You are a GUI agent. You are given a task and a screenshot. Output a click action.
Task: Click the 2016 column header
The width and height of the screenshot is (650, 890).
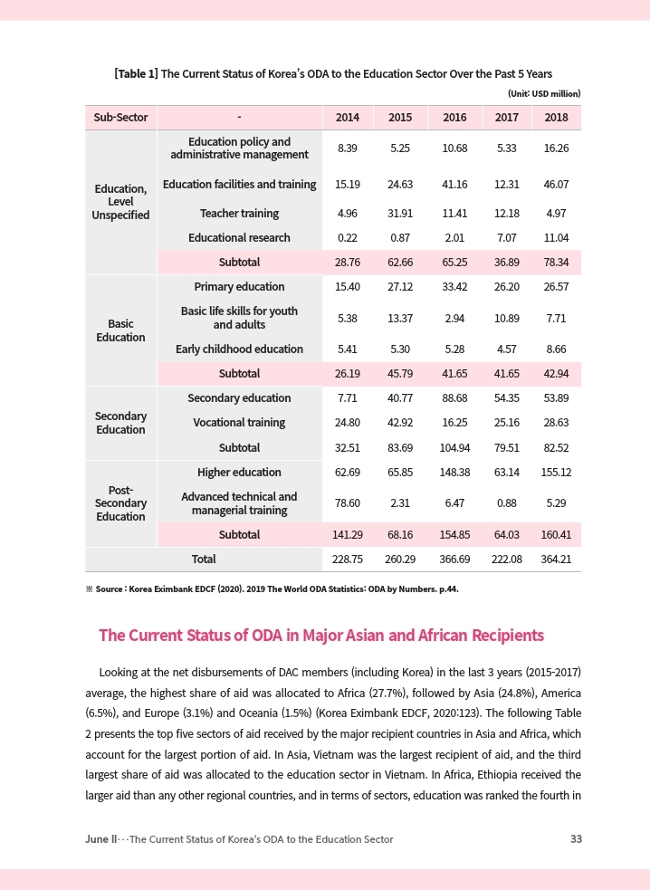[x=454, y=118]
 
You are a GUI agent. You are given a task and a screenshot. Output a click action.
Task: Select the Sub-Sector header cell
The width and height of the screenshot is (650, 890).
[x=120, y=118]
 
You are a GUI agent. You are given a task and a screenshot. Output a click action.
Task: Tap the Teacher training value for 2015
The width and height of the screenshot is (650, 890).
[x=400, y=214]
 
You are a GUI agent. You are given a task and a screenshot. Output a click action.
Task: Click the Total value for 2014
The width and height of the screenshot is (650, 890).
[x=347, y=560]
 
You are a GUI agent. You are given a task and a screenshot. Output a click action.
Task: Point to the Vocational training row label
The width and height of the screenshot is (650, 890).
[x=239, y=423]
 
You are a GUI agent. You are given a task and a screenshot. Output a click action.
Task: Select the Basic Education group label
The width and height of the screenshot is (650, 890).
[x=120, y=330]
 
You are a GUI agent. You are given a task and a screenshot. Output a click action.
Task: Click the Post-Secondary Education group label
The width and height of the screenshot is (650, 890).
[x=120, y=502]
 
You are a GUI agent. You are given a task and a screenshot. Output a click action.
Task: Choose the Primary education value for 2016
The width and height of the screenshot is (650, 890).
[x=454, y=287]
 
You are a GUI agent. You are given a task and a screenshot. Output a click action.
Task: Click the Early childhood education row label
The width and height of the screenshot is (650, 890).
[x=239, y=349]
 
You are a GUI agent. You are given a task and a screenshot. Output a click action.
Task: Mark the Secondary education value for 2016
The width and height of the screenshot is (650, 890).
[x=454, y=398]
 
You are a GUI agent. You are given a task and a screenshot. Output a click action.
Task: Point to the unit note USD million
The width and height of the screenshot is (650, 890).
[x=543, y=93]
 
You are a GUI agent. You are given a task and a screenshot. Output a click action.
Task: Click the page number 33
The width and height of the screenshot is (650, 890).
[x=576, y=839]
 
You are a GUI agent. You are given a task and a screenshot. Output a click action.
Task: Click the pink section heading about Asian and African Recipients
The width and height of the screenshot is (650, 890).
[x=320, y=636]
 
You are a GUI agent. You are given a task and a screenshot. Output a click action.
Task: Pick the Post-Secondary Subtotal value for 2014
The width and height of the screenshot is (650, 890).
[x=347, y=535]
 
